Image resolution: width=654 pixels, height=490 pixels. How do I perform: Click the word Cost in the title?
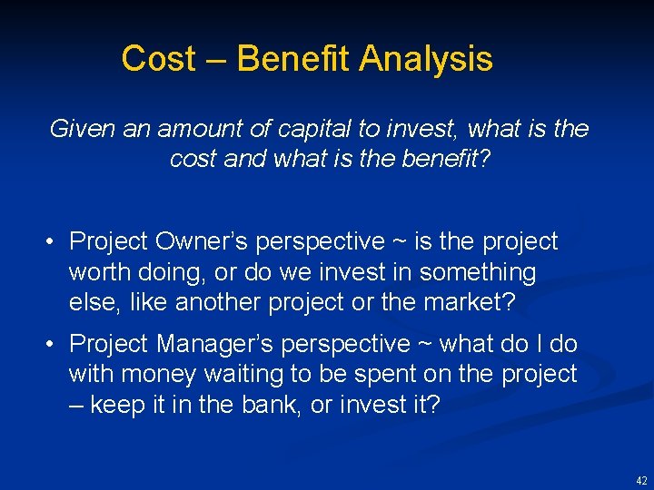click(x=159, y=59)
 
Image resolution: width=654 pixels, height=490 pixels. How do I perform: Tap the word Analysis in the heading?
click(x=426, y=59)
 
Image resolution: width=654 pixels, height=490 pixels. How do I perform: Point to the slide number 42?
click(x=642, y=480)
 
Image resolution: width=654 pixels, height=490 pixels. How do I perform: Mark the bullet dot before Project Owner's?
click(x=54, y=242)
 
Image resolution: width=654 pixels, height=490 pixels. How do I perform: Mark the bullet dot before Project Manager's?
click(x=54, y=345)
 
